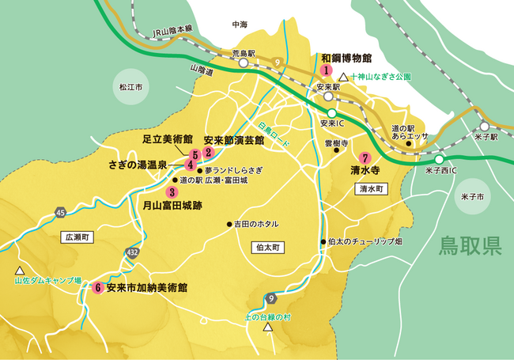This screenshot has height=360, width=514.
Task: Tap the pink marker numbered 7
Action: tap(365, 157)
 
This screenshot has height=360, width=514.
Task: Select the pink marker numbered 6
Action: tap(98, 288)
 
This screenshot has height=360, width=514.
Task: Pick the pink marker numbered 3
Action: tap(172, 191)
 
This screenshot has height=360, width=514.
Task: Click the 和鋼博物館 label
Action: tap(346, 58)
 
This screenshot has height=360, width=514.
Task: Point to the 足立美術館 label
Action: tap(168, 138)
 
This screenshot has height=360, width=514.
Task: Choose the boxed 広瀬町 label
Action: tap(76, 237)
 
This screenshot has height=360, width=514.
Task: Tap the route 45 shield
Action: tap(60, 211)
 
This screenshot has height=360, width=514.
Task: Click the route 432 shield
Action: tap(133, 252)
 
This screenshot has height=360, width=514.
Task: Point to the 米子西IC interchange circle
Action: tap(438, 158)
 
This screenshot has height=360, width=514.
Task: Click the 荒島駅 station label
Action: tap(244, 53)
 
